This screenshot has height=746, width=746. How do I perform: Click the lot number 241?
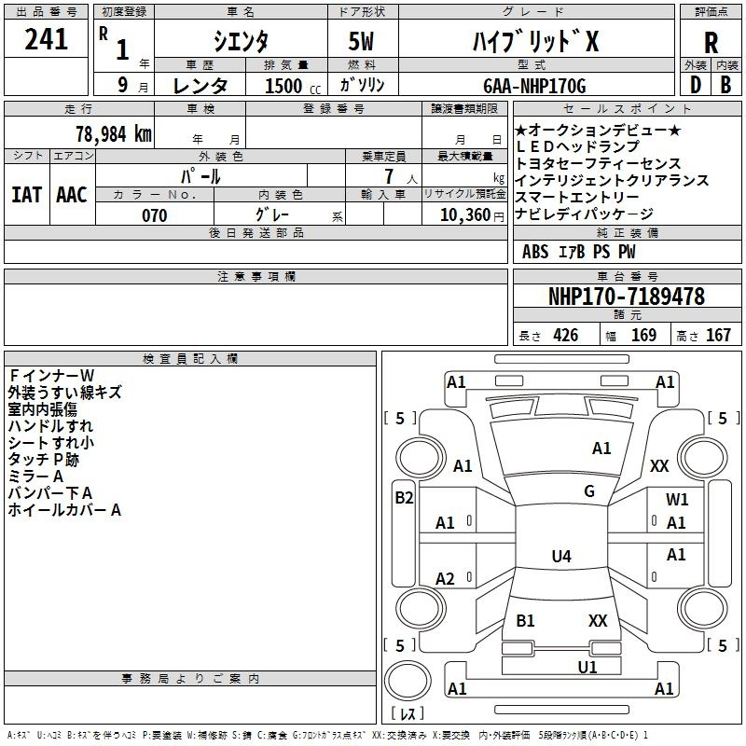click(x=47, y=40)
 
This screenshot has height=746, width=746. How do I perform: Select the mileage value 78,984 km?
click(x=114, y=133)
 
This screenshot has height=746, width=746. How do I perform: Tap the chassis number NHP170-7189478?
click(x=627, y=297)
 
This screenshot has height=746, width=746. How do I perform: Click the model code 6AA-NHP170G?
click(x=534, y=86)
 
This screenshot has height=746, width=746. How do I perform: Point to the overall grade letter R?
click(x=711, y=43)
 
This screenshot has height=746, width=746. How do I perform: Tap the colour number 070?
click(x=155, y=215)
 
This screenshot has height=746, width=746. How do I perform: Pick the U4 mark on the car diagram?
click(x=560, y=557)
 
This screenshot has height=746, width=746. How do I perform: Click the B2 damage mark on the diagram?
click(x=404, y=498)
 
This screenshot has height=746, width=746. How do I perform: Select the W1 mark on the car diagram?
click(x=677, y=500)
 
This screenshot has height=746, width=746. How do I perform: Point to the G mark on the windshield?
click(x=589, y=491)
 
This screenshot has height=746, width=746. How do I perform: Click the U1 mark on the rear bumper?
click(x=587, y=667)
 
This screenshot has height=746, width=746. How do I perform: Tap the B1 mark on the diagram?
click(x=525, y=620)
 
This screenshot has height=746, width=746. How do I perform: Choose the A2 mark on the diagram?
click(x=445, y=579)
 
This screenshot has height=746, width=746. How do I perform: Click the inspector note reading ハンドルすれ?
click(x=50, y=426)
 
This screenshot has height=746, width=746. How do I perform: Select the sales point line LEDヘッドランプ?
click(x=577, y=146)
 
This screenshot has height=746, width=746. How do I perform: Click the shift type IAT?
click(x=26, y=194)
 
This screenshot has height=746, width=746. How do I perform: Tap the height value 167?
click(x=718, y=336)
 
